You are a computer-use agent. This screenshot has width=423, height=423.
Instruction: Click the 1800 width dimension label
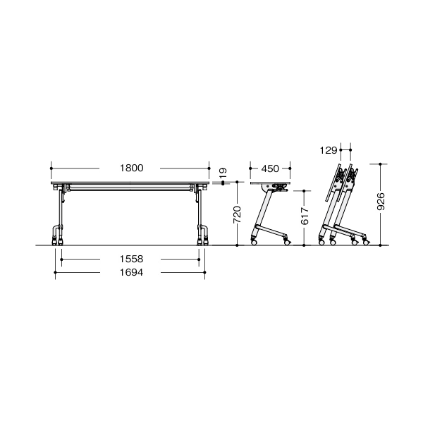(131, 168)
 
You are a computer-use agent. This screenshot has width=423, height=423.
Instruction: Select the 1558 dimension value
(131, 259)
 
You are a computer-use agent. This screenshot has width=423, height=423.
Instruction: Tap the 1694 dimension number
(131, 272)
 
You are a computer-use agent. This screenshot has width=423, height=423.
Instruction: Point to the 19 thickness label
(223, 172)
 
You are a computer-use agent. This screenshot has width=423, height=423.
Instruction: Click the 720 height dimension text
(237, 214)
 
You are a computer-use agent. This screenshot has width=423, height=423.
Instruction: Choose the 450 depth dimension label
(270, 168)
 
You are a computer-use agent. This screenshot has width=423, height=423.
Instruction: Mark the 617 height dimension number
(305, 216)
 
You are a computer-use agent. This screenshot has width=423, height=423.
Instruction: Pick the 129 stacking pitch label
(329, 150)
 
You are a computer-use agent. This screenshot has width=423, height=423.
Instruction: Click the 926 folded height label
(381, 201)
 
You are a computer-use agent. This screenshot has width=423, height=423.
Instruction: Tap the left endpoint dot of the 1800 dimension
(51, 168)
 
